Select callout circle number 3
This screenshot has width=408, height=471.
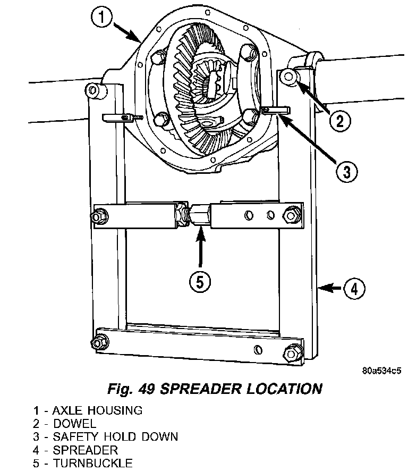click(346, 171)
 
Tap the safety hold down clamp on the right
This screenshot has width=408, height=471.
click(275, 110)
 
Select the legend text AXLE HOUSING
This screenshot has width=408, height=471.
click(97, 410)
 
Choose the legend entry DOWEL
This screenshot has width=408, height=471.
click(74, 424)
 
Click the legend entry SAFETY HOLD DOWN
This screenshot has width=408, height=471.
click(115, 437)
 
